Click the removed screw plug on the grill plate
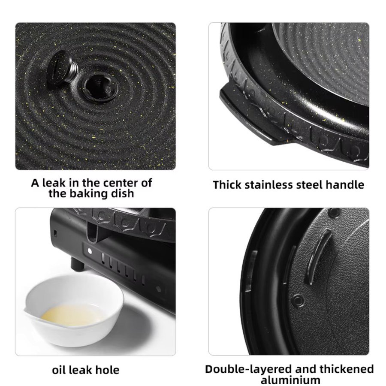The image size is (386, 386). click(62, 68)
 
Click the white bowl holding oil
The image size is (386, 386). click(74, 309)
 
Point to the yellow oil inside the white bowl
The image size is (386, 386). click(72, 316)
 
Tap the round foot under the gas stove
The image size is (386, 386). click(78, 264)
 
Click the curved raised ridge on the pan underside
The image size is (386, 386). click(317, 256)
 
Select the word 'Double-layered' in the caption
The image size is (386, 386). click(249, 370)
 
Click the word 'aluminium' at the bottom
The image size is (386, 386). click(290, 380)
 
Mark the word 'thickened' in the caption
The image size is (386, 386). click(347, 369)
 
